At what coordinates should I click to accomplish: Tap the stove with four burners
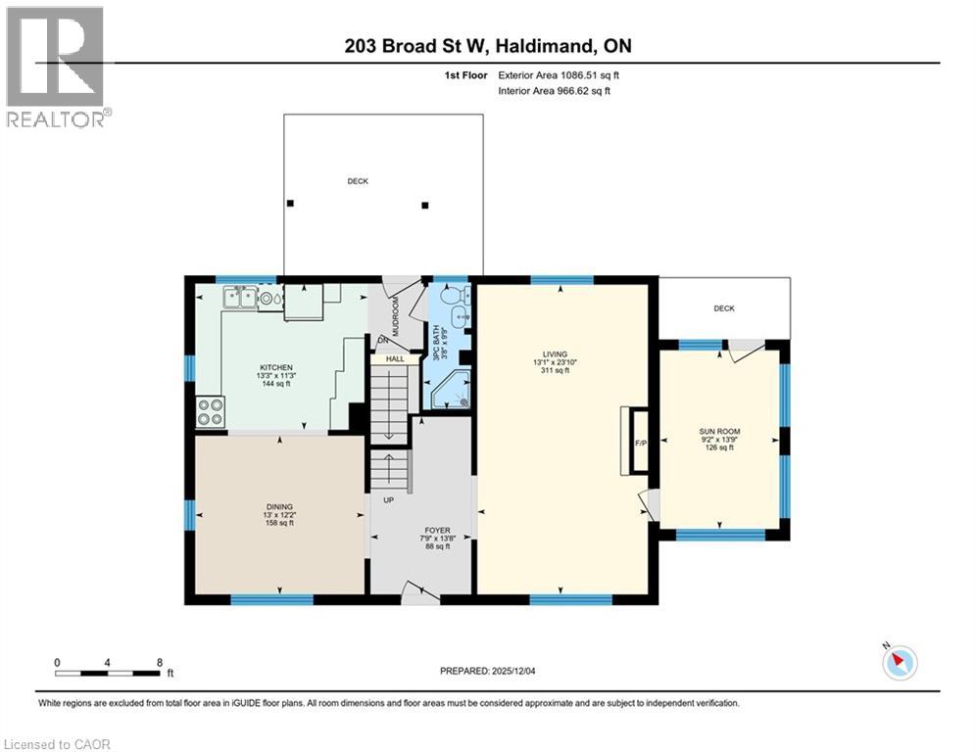pos(211,412)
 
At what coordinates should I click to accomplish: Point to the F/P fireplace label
pos(641,443)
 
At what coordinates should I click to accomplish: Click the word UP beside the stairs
pos(389,500)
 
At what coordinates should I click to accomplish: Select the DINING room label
pos(279,506)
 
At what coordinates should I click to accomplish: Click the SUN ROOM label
pos(720,432)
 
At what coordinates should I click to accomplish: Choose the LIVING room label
pos(556,354)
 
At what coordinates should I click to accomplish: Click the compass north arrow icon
pos(899,662)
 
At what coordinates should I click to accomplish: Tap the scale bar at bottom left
pos(108,673)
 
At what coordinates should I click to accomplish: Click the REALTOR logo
pos(57,68)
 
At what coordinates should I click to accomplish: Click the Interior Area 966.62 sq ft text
pos(555,91)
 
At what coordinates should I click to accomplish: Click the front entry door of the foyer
pos(420,592)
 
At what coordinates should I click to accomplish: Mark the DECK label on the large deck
pos(358,181)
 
